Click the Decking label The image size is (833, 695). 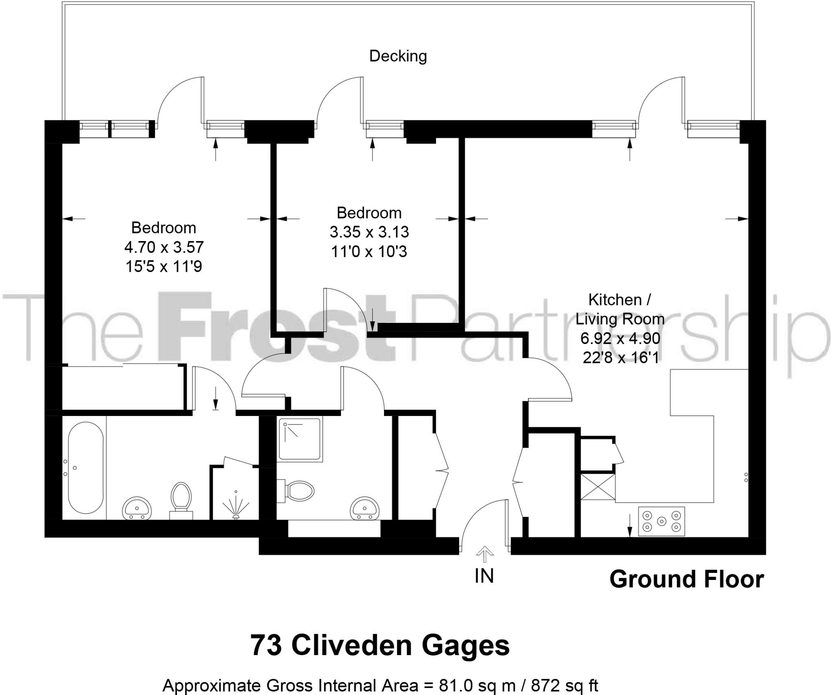398,56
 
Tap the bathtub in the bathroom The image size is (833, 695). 85,468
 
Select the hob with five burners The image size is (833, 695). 661,521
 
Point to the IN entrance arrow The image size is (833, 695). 484,553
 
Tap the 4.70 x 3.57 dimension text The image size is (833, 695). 164,247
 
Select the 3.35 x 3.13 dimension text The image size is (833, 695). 369,232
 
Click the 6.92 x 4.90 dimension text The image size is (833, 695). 620,338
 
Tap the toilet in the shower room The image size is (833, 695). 297,490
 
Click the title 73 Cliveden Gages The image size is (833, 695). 380,645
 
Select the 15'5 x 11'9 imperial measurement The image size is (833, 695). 164,266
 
